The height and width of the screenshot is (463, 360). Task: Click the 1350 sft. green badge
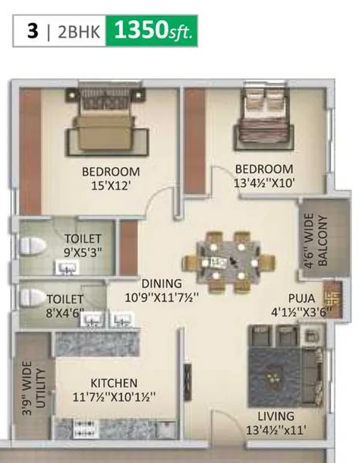(x=152, y=31)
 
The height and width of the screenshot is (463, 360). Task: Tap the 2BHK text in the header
(x=79, y=32)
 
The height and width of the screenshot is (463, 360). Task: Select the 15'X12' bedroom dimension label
(x=110, y=186)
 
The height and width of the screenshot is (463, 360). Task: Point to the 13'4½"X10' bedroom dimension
(x=264, y=183)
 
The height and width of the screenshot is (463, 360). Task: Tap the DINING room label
(x=162, y=284)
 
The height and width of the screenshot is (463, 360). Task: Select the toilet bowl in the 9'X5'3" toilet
(x=33, y=246)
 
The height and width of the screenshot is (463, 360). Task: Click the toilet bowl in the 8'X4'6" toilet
(x=32, y=297)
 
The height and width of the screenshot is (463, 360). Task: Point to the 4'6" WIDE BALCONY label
(x=316, y=240)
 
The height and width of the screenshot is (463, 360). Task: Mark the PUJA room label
(x=302, y=298)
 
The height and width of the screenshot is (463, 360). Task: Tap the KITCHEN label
(x=114, y=383)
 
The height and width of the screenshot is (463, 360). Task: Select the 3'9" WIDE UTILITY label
(x=34, y=388)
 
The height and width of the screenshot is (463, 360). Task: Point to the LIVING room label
(x=276, y=416)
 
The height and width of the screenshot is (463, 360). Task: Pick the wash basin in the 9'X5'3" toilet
(x=68, y=267)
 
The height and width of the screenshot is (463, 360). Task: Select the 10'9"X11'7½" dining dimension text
(x=161, y=297)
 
